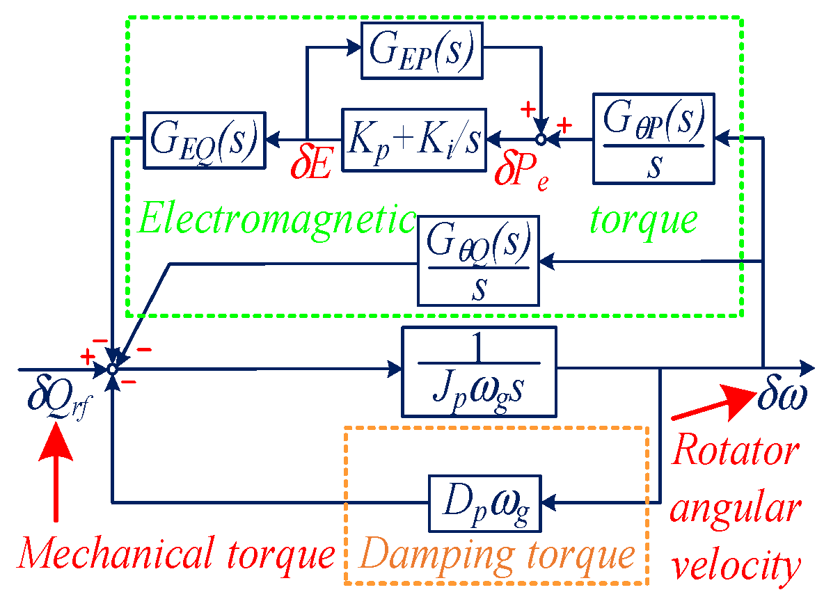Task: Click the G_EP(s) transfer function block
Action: [x=422, y=49]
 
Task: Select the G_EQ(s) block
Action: [x=205, y=140]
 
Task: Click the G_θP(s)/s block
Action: [x=653, y=138]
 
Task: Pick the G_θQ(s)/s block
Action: [x=478, y=260]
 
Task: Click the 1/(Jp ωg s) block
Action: [x=480, y=370]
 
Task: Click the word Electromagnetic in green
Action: [x=277, y=221]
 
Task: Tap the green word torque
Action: [x=643, y=221]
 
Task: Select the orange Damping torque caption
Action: [x=498, y=554]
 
